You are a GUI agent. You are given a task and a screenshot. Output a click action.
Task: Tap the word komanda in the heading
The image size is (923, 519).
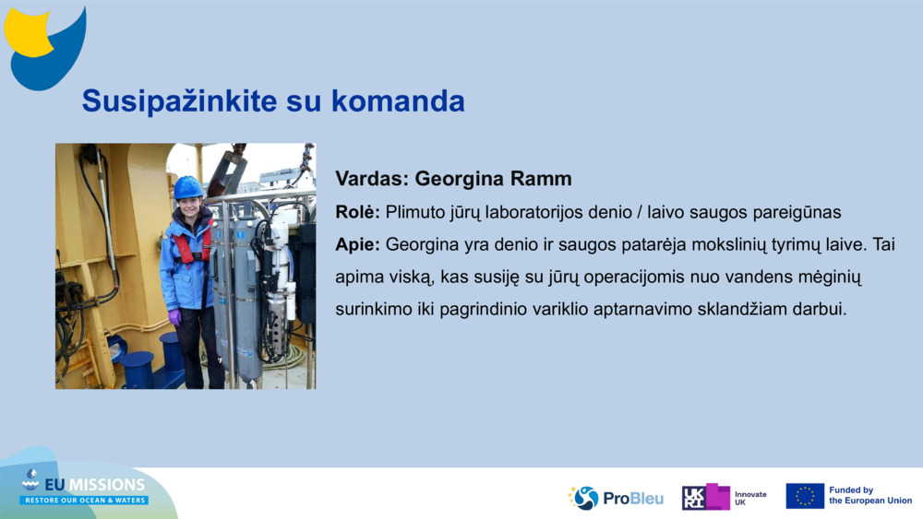(x=398, y=100)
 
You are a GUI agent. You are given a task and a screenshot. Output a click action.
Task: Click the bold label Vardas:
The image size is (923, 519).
(x=372, y=179)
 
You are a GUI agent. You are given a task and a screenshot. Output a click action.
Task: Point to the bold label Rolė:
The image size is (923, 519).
(x=358, y=212)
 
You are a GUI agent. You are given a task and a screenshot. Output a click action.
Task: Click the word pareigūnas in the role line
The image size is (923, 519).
(x=797, y=213)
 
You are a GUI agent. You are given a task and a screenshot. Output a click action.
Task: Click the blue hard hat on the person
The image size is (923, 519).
(x=187, y=187)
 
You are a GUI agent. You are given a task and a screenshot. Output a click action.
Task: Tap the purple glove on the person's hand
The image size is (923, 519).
(x=174, y=317)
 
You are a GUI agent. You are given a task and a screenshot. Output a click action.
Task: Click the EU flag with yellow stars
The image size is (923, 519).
(x=805, y=496)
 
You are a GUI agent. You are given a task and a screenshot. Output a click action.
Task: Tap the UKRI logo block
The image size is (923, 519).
(x=706, y=497)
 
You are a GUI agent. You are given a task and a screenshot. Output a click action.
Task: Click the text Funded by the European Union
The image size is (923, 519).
(x=870, y=495)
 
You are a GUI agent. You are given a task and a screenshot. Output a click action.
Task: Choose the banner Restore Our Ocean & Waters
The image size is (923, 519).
(x=84, y=501)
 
